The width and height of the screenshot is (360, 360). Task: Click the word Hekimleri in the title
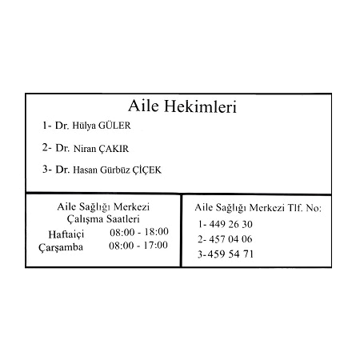[x=200, y=106]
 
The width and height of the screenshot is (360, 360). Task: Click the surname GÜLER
[x=114, y=126]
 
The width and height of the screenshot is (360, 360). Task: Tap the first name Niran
[x=85, y=149]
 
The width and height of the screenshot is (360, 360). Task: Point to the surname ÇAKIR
[x=114, y=149]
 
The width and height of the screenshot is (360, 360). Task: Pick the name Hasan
[x=86, y=170]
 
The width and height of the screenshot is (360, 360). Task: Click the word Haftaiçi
[x=66, y=234]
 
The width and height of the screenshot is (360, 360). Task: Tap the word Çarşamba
[x=61, y=247]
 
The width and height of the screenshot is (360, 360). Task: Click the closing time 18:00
[x=156, y=231]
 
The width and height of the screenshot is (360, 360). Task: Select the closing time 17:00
[x=155, y=245]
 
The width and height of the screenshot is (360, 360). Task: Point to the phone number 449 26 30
[x=230, y=224]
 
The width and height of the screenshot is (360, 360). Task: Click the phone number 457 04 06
[x=230, y=239]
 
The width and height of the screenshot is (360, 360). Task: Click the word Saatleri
[x=123, y=219]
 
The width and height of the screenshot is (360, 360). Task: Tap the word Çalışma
[x=85, y=219]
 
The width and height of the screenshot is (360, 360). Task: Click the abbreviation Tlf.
[x=295, y=208]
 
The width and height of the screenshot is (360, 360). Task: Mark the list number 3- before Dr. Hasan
[x=47, y=169]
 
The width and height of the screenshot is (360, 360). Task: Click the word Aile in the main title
[x=143, y=106]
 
